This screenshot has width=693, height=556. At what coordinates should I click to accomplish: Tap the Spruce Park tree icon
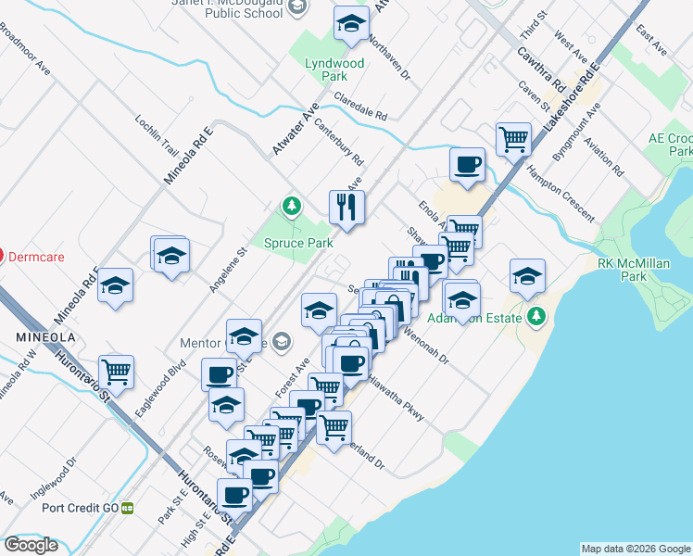click(x=292, y=206)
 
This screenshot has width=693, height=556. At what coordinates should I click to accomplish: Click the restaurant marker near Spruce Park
click(x=346, y=208)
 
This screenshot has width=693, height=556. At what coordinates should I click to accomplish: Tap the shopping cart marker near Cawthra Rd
click(x=513, y=140)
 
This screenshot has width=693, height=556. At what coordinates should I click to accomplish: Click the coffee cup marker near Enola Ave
click(x=467, y=165)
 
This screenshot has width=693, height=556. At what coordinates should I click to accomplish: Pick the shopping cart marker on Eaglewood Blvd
click(x=117, y=373)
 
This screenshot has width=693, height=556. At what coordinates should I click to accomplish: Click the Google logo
click(x=31, y=545)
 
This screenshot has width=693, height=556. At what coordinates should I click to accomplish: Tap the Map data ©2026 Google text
click(x=635, y=549)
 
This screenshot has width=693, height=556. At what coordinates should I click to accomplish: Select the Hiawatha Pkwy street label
click(x=397, y=399)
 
